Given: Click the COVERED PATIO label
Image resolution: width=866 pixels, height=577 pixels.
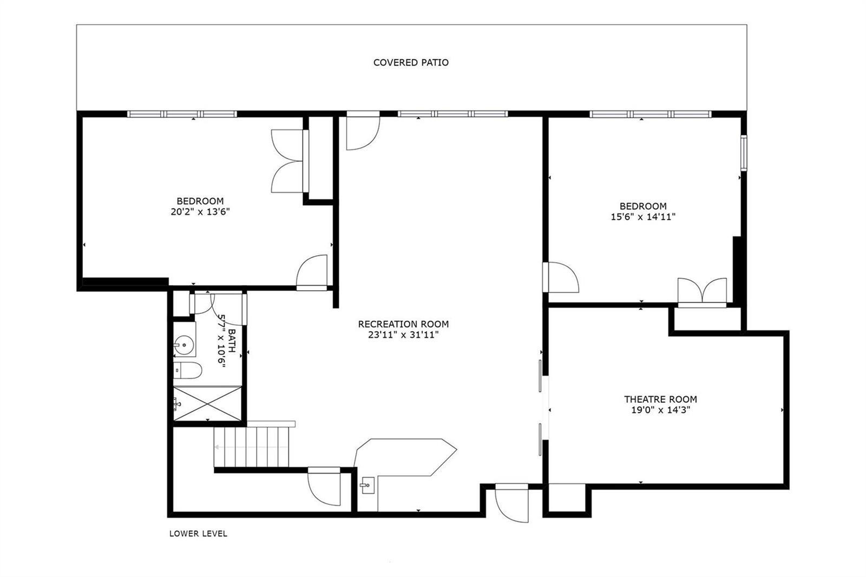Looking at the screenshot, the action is [411, 63].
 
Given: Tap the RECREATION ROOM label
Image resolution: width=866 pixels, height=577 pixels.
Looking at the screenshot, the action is [403, 324].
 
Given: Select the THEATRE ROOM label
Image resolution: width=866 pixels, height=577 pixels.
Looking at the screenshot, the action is [661, 399].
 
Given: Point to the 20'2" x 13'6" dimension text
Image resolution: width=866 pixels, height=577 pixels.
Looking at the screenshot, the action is [200, 212].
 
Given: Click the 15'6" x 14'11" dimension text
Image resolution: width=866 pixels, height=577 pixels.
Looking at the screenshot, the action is [643, 217].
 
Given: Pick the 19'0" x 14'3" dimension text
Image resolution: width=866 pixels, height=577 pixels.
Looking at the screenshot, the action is [661, 410].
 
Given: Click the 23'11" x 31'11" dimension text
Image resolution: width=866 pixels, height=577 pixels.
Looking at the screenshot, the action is [403, 335].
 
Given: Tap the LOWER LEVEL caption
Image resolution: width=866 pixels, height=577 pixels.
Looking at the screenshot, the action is [198, 534].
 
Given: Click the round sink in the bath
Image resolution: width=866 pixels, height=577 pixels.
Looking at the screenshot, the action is [183, 343].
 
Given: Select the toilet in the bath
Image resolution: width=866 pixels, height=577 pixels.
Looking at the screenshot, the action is [187, 370].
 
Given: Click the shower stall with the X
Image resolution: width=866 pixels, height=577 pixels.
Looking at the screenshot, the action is [207, 403].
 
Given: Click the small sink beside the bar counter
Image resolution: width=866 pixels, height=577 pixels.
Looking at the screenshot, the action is [367, 486].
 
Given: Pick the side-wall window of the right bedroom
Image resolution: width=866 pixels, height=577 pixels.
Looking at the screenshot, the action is [744, 153].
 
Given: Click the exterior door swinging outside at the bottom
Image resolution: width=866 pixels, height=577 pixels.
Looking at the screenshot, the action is [511, 503].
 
